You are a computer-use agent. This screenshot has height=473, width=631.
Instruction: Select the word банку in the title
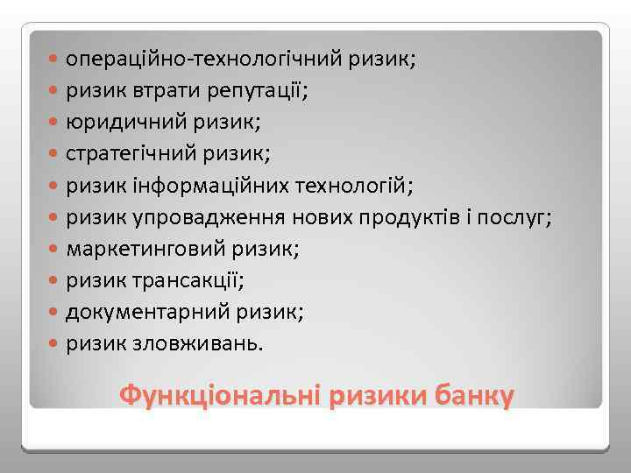470,395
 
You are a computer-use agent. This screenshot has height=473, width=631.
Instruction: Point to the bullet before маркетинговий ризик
55,250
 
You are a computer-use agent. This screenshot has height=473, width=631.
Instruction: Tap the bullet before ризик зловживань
55,343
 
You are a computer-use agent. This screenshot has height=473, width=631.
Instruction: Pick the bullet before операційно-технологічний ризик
55,60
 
